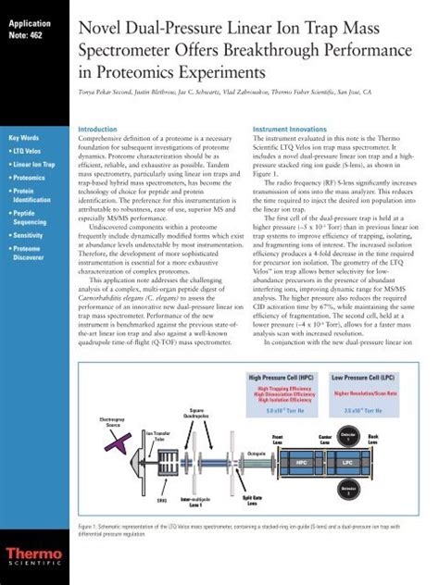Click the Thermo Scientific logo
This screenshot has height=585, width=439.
coord(32,554)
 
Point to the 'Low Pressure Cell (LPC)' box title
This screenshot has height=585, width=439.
coord(364,378)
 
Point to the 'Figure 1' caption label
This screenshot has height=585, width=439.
coord(88,526)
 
